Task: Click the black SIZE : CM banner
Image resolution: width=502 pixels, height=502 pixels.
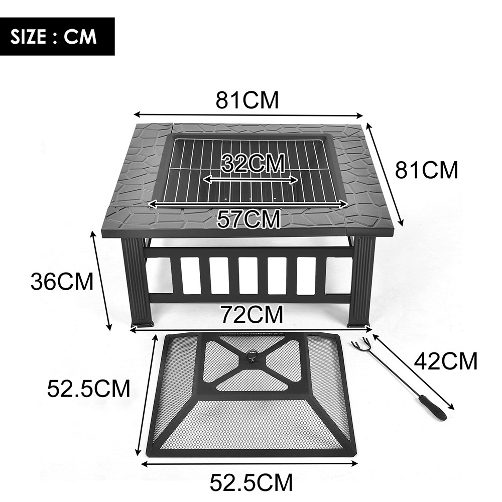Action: click(x=57, y=36)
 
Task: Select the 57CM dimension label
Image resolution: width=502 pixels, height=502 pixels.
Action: click(x=248, y=219)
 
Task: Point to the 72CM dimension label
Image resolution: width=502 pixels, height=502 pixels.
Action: click(x=251, y=315)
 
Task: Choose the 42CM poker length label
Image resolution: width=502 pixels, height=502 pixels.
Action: click(x=445, y=361)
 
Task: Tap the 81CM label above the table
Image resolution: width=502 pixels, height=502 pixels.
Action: click(x=247, y=100)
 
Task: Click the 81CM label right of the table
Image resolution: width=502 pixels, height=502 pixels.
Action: click(x=427, y=170)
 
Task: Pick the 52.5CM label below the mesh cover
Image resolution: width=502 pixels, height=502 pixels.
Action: click(x=251, y=483)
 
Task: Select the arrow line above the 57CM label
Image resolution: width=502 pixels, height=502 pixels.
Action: click(x=248, y=204)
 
